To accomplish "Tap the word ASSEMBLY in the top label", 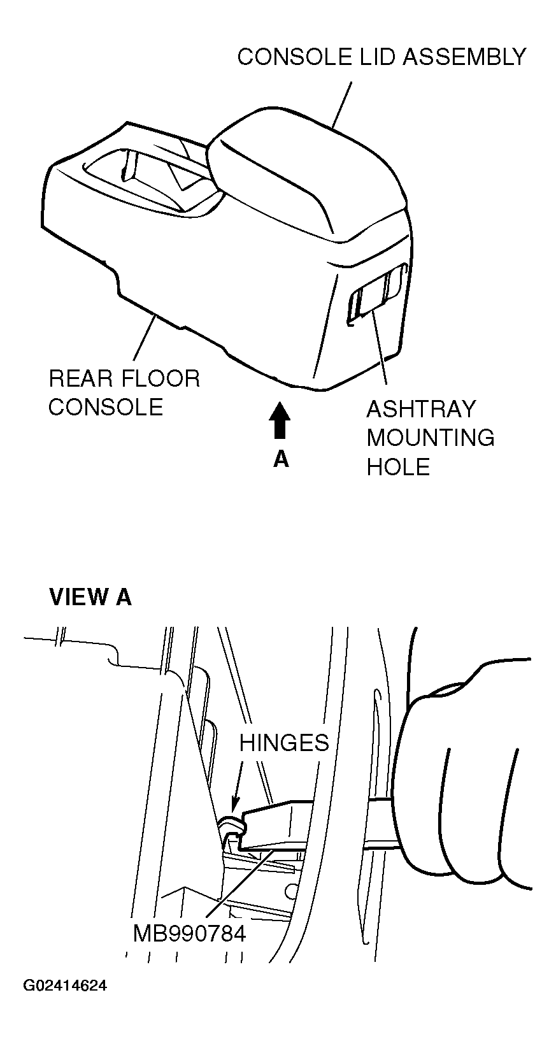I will pyautogui.click(x=464, y=57).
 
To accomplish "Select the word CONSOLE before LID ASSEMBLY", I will pyautogui.click(x=294, y=57).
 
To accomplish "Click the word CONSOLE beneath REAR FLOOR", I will pyautogui.click(x=106, y=407).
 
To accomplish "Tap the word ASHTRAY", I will pyautogui.click(x=421, y=409).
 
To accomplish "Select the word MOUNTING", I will pyautogui.click(x=431, y=438).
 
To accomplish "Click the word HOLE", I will pyautogui.click(x=399, y=468).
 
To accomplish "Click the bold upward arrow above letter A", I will pyautogui.click(x=280, y=420).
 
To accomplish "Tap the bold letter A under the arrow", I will pyautogui.click(x=281, y=459).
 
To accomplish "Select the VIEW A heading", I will pyautogui.click(x=90, y=597).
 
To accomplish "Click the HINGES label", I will pyautogui.click(x=284, y=742).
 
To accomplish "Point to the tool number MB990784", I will pyautogui.click(x=189, y=934).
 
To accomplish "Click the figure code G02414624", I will pyautogui.click(x=65, y=986).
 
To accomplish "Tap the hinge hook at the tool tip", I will pyautogui.click(x=232, y=826).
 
